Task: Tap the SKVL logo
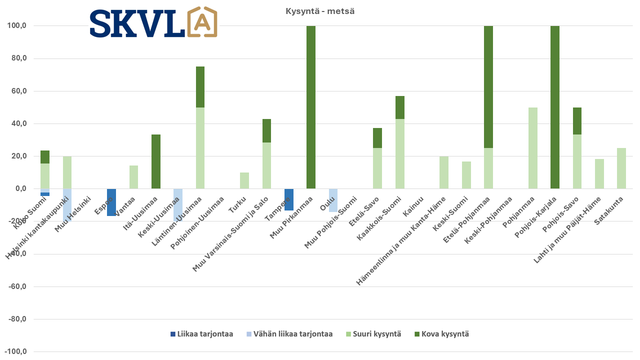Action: point(153,22)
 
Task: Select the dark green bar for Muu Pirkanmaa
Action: point(311,107)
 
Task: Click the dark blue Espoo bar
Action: point(111,202)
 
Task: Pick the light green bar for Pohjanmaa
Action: point(532,148)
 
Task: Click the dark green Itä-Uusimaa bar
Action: point(156,161)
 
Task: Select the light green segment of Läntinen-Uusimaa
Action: point(200,148)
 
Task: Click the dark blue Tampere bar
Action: point(288,199)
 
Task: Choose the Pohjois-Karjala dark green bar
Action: point(554,107)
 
